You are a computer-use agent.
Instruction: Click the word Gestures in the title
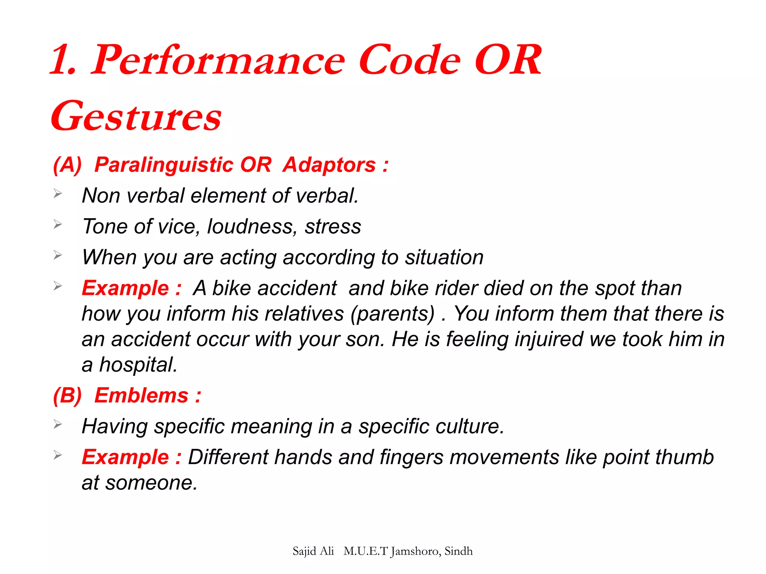coord(137,117)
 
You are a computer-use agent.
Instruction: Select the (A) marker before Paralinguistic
coord(67,165)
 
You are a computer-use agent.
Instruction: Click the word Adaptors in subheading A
coord(329,165)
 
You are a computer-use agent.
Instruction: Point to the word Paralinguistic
coord(164,165)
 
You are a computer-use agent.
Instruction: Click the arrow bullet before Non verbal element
coord(58,194)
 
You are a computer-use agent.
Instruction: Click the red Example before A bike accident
coord(125,288)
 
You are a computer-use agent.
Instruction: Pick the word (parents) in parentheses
coord(393,314)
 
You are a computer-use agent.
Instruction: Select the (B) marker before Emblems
coord(67,395)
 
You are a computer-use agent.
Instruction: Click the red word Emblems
coord(141,395)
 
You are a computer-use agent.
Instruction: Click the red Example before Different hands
coord(125,457)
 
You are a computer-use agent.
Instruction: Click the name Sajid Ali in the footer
coord(313,551)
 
